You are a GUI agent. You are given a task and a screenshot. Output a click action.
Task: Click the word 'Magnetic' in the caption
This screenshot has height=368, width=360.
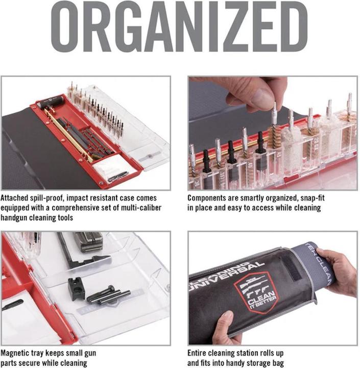click(18, 353)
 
